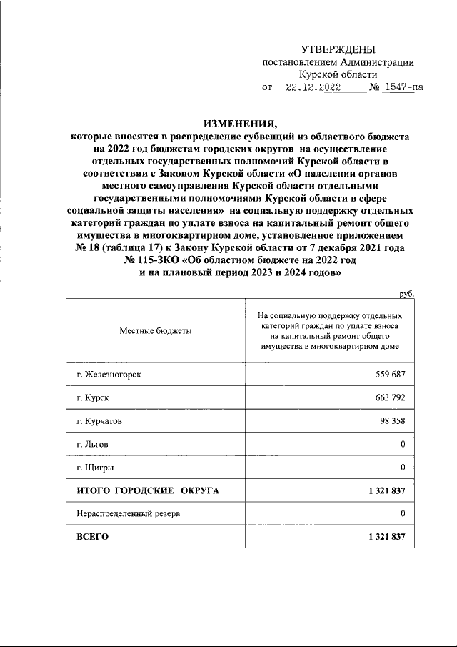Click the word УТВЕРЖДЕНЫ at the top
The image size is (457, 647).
pyautogui.click(x=337, y=49)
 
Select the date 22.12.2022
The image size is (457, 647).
pyautogui.click(x=312, y=88)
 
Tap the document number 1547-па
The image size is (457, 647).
pyautogui.click(x=402, y=88)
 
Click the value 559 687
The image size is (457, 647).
pyautogui.click(x=390, y=375)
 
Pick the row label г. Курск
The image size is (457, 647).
pyautogui.click(x=92, y=397)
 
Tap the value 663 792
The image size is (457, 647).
pyautogui.click(x=390, y=397)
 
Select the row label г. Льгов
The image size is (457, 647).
pyautogui.click(x=93, y=444)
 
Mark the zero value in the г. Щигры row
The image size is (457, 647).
pyautogui.click(x=403, y=467)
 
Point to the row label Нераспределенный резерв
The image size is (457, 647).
pyautogui.click(x=124, y=513)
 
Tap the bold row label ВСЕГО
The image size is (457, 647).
pyautogui.click(x=92, y=536)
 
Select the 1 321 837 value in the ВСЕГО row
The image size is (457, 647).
pyautogui.click(x=383, y=536)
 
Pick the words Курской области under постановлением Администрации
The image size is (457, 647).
pyautogui.click(x=338, y=74)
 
